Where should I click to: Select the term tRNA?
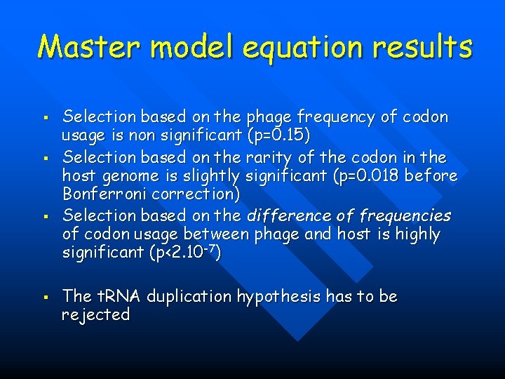115,297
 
